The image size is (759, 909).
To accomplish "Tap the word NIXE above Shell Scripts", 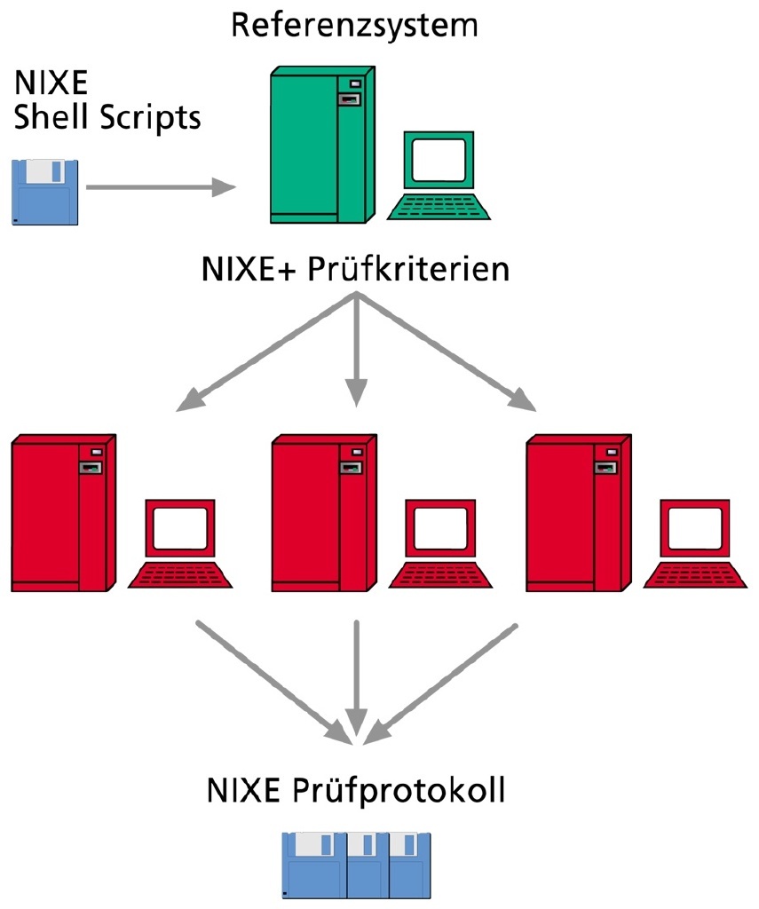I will tap(51, 86).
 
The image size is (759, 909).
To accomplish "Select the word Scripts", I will tap(151, 117).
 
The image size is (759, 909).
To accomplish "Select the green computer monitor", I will tap(438, 162).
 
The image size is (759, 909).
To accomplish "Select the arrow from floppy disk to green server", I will tap(160, 187).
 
